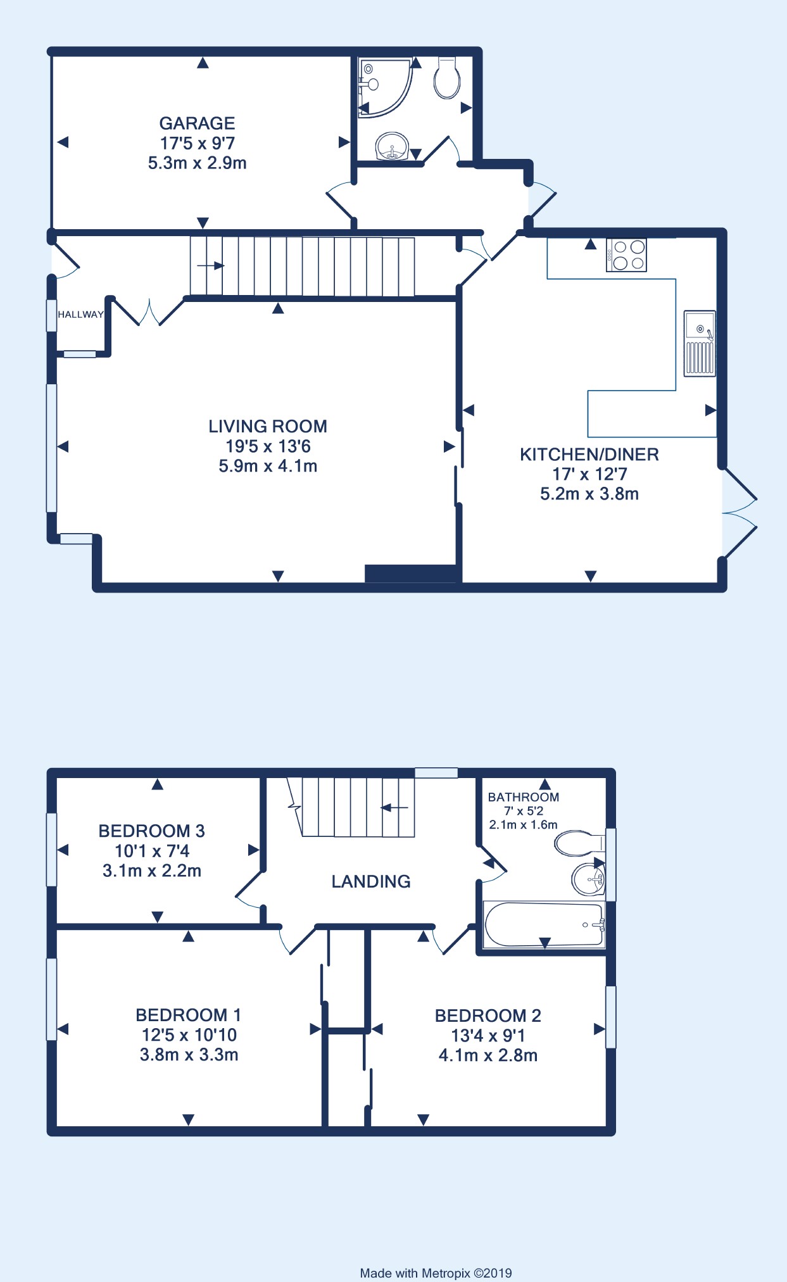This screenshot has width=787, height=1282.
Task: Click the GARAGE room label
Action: (x=197, y=123)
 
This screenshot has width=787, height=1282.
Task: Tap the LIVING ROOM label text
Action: (x=268, y=426)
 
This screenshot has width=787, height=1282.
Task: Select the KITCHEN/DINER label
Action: (x=589, y=454)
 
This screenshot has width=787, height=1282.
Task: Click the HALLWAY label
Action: (x=80, y=315)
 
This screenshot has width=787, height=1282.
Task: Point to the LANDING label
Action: (x=371, y=881)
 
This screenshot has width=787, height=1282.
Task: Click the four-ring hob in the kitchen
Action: (x=626, y=255)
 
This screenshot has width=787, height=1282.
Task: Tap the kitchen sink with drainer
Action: (x=700, y=343)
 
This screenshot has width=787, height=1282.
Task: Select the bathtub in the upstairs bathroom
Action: (x=544, y=925)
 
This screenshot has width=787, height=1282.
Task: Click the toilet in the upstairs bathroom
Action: (x=579, y=843)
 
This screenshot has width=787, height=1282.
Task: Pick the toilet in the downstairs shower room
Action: (x=447, y=77)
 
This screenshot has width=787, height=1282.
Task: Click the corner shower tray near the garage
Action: (x=384, y=87)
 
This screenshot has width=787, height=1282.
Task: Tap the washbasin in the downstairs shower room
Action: (x=392, y=147)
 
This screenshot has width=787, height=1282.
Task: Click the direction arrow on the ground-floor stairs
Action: (x=210, y=266)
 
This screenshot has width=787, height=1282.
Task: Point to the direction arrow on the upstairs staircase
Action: (x=394, y=808)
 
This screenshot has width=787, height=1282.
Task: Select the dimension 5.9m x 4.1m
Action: (x=268, y=466)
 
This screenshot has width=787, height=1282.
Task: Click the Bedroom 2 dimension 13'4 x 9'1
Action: (x=488, y=1036)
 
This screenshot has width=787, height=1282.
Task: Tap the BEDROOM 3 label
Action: (x=151, y=831)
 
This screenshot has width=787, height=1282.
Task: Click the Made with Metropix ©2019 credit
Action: (x=436, y=1273)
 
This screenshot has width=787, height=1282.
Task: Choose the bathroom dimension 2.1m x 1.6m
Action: (x=523, y=825)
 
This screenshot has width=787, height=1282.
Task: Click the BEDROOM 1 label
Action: (x=189, y=1015)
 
